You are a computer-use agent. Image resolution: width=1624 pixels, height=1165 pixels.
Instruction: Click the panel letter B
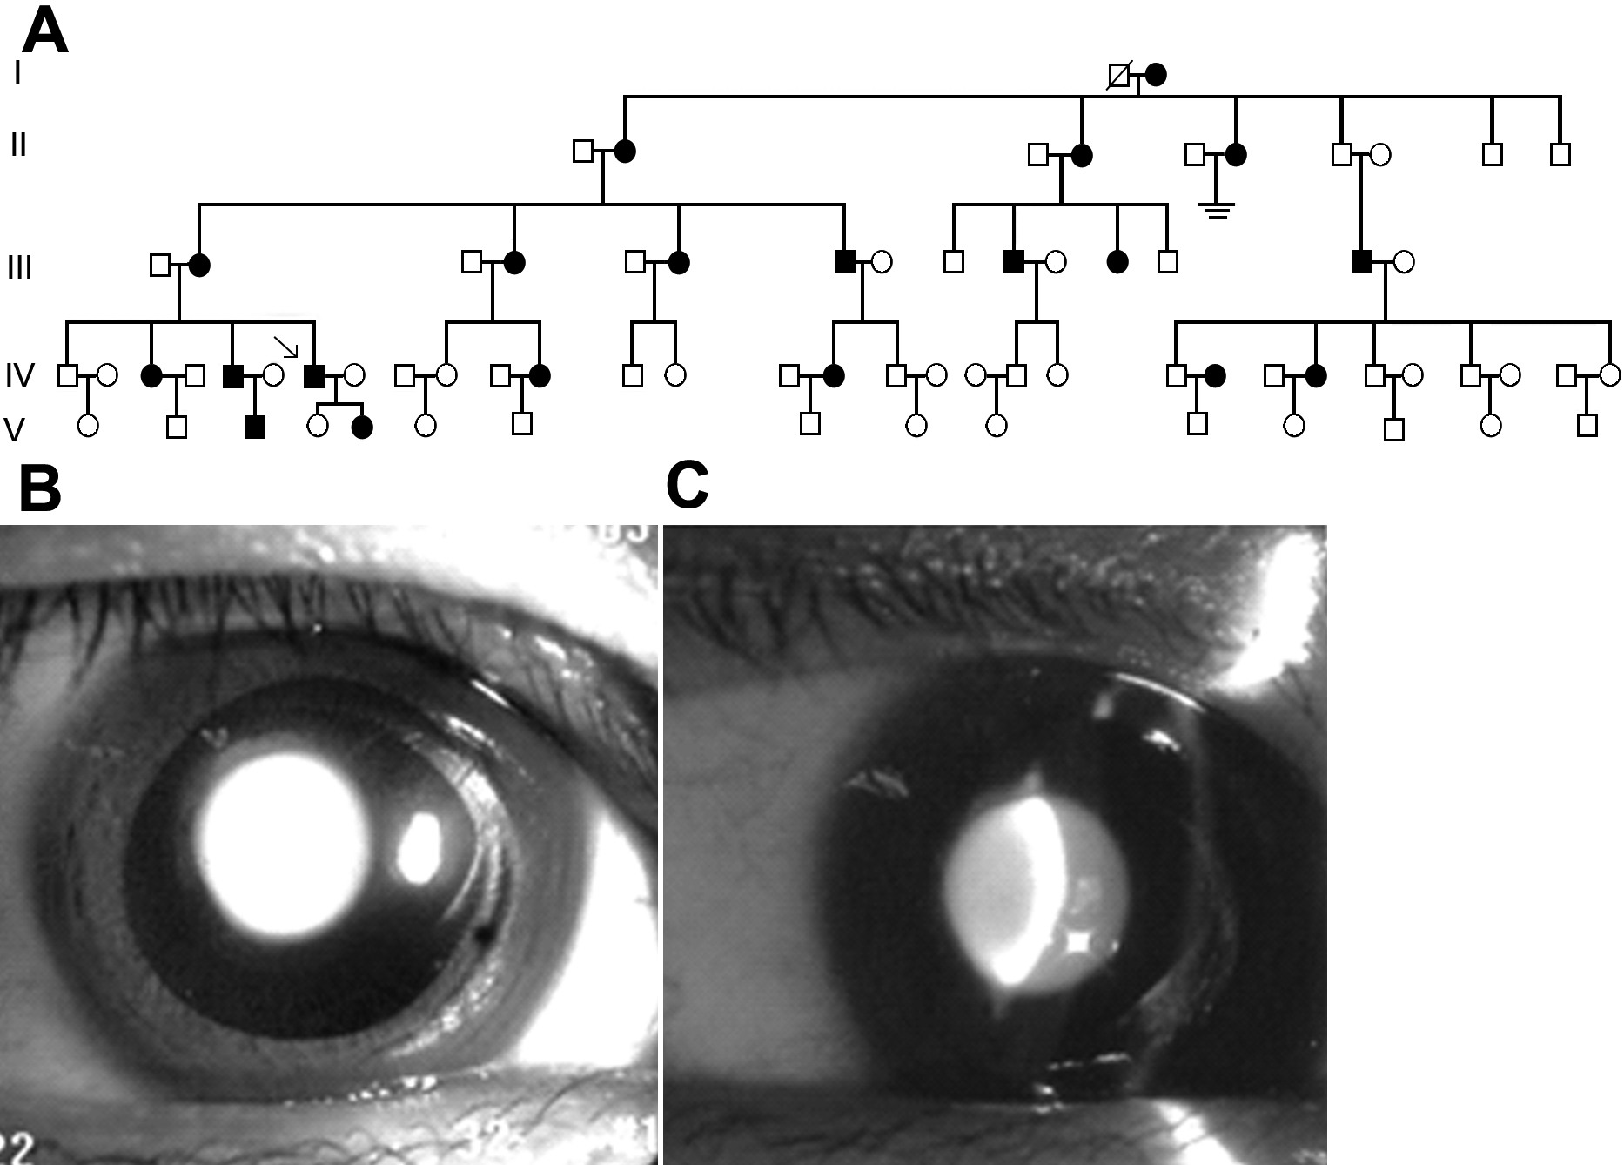coord(40,490)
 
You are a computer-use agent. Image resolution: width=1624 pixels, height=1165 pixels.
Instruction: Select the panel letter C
coord(687,487)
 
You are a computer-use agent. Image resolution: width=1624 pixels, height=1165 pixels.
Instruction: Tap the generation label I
coord(17,73)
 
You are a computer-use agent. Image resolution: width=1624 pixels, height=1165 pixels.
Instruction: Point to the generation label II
coord(19,145)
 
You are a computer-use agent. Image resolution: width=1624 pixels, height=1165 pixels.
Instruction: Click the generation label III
coord(20,267)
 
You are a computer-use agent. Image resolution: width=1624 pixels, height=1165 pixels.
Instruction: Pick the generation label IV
coord(20,375)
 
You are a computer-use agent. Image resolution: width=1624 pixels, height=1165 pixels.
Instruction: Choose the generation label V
coord(15,429)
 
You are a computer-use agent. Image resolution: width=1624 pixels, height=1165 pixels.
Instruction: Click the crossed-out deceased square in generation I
coord(1118,76)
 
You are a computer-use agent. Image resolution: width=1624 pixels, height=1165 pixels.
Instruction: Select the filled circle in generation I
coord(1156,76)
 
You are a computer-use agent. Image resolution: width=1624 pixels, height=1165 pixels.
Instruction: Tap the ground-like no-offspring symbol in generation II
coord(1217,210)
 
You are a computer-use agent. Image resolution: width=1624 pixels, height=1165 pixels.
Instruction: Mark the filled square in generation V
coord(255,427)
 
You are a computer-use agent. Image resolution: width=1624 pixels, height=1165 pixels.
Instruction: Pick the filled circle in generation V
coord(362,428)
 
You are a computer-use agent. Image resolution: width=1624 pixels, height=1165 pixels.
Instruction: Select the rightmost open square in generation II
coord(1560,155)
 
